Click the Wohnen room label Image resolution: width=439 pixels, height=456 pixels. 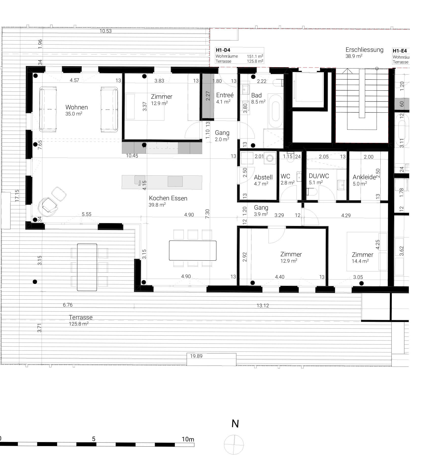click(x=76, y=107)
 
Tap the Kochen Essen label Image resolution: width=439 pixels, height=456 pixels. click(x=168, y=198)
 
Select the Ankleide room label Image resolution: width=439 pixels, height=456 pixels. click(x=364, y=177)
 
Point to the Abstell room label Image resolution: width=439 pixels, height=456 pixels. click(x=263, y=177)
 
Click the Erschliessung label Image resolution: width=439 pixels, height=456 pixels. click(x=364, y=50)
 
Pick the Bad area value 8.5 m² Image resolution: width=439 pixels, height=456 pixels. click(x=258, y=102)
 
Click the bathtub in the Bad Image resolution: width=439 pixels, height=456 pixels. click(x=276, y=111)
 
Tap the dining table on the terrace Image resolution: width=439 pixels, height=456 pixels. click(x=87, y=267)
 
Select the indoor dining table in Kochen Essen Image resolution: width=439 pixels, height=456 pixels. click(x=193, y=250)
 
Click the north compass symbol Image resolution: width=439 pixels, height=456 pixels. click(x=234, y=445)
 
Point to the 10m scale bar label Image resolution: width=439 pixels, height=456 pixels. click(x=188, y=439)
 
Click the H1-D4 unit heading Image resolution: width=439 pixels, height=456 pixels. click(x=223, y=50)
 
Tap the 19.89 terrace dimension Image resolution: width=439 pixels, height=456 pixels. click(x=196, y=356)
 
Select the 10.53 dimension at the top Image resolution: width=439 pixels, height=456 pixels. click(x=106, y=31)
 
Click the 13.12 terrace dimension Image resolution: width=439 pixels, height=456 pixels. click(x=263, y=306)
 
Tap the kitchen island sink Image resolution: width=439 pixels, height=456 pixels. click(x=140, y=180)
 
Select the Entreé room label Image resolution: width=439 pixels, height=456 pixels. click(x=225, y=95)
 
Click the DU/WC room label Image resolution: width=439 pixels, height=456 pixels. click(x=319, y=176)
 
